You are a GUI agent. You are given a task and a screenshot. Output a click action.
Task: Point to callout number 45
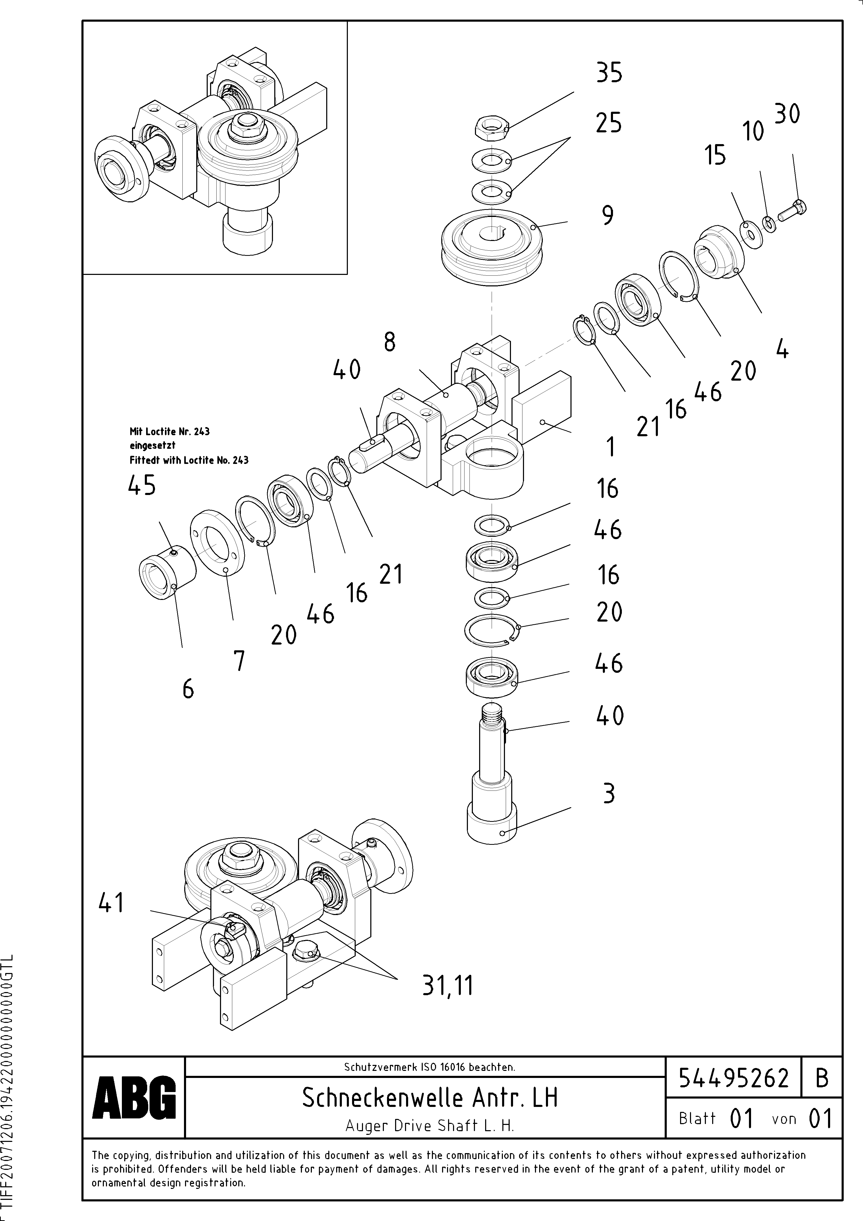(142, 486)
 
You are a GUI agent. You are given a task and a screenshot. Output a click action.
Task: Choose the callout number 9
(608, 216)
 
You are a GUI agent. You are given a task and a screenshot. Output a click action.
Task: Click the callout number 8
(390, 343)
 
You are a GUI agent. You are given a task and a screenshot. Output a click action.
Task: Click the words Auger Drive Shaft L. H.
(430, 1125)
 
